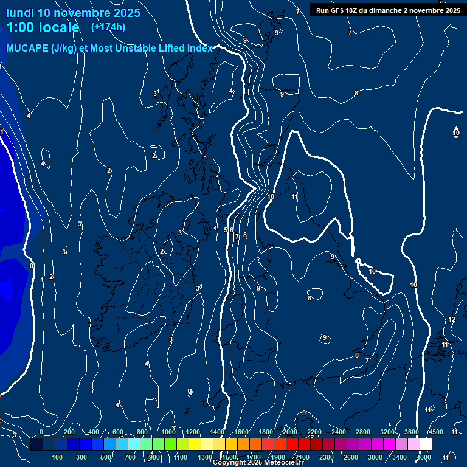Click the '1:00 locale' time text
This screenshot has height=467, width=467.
pos(43,27)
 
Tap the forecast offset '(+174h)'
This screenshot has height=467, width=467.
pos(108,27)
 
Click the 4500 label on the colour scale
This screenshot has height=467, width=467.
pos(436,432)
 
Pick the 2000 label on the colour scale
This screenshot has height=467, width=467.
pos(290,432)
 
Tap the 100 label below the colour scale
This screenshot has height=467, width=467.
pos(58,457)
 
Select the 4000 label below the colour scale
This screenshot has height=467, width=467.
pos(424,457)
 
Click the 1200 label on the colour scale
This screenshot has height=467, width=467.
pos(193,432)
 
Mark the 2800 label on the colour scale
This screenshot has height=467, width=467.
pos(363,432)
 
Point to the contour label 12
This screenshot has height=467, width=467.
pos(452,320)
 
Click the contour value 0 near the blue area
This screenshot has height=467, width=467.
pos(32,266)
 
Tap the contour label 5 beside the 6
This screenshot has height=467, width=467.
pos(226,230)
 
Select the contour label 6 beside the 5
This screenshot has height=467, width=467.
pos(232,230)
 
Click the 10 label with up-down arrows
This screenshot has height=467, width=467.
pos(456,133)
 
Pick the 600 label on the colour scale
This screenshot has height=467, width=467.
pos(118,432)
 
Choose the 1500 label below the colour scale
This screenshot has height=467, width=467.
pos(229,457)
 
